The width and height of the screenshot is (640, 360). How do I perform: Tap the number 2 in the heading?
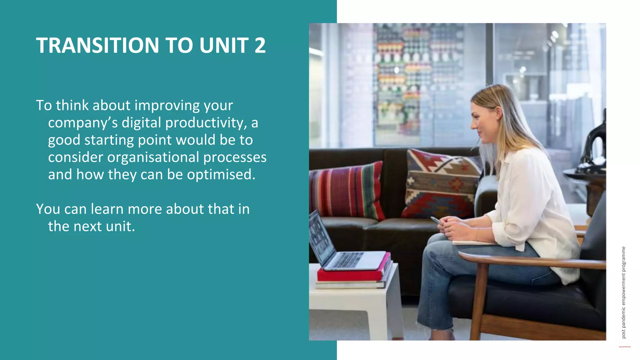click(x=260, y=46)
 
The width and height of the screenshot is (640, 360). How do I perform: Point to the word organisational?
click(x=153, y=157)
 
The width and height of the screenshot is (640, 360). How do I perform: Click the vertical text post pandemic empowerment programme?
click(x=623, y=292)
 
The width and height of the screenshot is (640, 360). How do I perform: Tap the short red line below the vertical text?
click(x=625, y=347)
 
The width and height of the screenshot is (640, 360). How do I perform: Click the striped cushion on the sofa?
click(x=347, y=191)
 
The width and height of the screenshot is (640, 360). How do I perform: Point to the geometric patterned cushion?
click(x=441, y=184)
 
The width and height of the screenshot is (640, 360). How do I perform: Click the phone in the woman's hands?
click(x=435, y=220)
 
